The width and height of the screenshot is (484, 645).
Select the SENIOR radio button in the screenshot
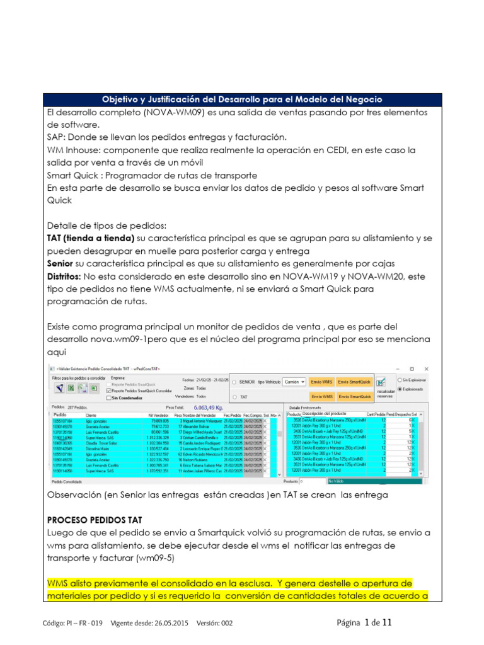[234, 382]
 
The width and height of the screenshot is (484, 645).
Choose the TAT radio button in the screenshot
[234, 397]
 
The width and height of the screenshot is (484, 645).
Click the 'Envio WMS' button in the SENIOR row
[321, 382]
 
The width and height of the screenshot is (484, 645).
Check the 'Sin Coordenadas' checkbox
[110, 398]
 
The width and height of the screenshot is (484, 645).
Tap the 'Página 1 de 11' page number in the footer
[364, 623]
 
